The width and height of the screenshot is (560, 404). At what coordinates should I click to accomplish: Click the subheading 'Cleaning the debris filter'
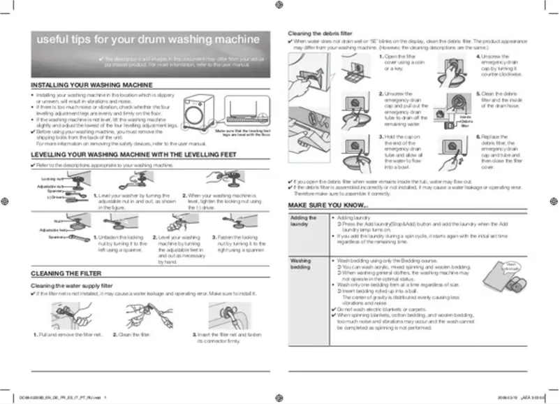(x=320, y=34)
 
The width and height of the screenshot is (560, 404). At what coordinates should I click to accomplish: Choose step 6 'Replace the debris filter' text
(x=496, y=152)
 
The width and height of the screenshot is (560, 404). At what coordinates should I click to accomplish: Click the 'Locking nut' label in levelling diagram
(x=43, y=180)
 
